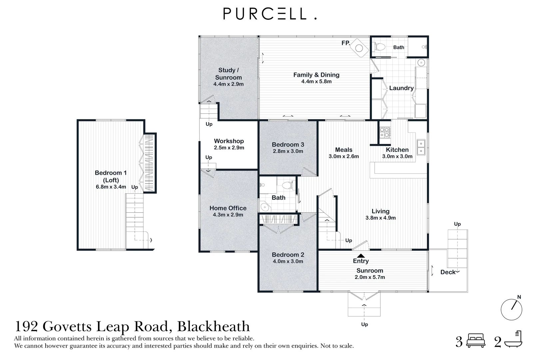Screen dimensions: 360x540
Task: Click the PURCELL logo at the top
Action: (x=270, y=14)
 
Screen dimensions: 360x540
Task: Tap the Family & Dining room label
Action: (x=316, y=75)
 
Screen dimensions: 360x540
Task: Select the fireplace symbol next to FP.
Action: (x=359, y=48)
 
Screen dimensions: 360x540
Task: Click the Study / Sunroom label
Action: (x=228, y=74)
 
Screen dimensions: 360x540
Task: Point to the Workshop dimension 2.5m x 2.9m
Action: (x=229, y=148)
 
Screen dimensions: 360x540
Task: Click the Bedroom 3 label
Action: (x=288, y=144)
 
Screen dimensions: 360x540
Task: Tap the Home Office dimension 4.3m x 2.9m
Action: (x=228, y=215)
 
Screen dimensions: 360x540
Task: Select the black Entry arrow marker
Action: (x=361, y=256)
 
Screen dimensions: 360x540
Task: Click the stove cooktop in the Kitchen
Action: (x=385, y=132)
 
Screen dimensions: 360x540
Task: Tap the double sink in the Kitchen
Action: (x=421, y=147)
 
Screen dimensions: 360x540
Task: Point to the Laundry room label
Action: (x=401, y=88)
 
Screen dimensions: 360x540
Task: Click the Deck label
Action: (x=447, y=272)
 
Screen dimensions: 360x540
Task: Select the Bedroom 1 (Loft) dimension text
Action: (x=111, y=187)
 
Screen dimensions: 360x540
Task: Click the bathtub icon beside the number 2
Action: (x=513, y=340)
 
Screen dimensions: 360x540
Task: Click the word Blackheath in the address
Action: (x=213, y=326)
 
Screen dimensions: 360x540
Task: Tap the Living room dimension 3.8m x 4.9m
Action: (x=380, y=218)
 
